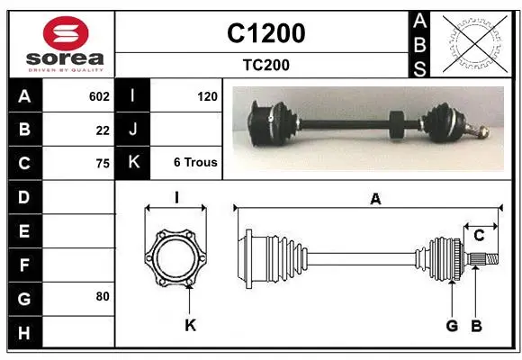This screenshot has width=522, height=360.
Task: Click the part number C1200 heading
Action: coord(266,33)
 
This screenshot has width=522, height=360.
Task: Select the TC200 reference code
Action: coord(266,65)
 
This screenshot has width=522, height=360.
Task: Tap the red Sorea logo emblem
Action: coord(66,33)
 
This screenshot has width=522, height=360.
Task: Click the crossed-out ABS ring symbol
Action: coord(475,44)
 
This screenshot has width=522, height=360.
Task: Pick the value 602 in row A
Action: coord(99,96)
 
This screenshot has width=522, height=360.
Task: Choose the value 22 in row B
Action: coord(103,130)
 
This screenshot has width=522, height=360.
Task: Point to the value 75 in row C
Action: coord(103,164)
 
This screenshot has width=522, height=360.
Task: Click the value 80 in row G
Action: coord(103,296)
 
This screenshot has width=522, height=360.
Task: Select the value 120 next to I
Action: coord(207,96)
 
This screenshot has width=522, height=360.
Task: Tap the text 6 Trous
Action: coord(195,163)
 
